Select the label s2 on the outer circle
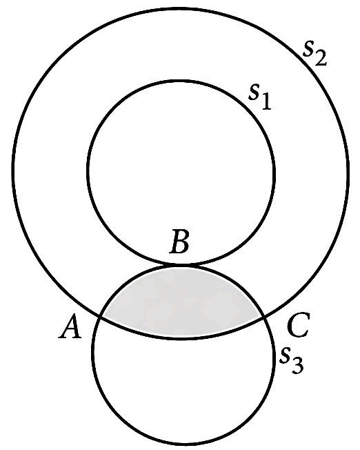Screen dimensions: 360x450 (x=314, y=54)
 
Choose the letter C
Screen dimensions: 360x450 (x=299, y=326)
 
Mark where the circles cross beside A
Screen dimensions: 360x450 (x=100, y=316)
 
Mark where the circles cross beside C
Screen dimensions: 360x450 (x=263, y=317)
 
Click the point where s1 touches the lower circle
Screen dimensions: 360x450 (x=181, y=264)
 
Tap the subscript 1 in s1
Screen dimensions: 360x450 (x=266, y=103)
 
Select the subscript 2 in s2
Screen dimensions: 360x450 (x=321, y=59)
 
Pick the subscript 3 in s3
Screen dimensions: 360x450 (x=297, y=366)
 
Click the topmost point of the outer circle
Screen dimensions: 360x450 (x=181, y=9)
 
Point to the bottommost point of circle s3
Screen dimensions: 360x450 (x=182, y=444)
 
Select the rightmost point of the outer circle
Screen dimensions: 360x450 (x=348, y=172)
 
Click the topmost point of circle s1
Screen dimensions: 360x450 (x=181, y=81)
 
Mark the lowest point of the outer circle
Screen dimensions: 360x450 (x=181, y=338)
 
